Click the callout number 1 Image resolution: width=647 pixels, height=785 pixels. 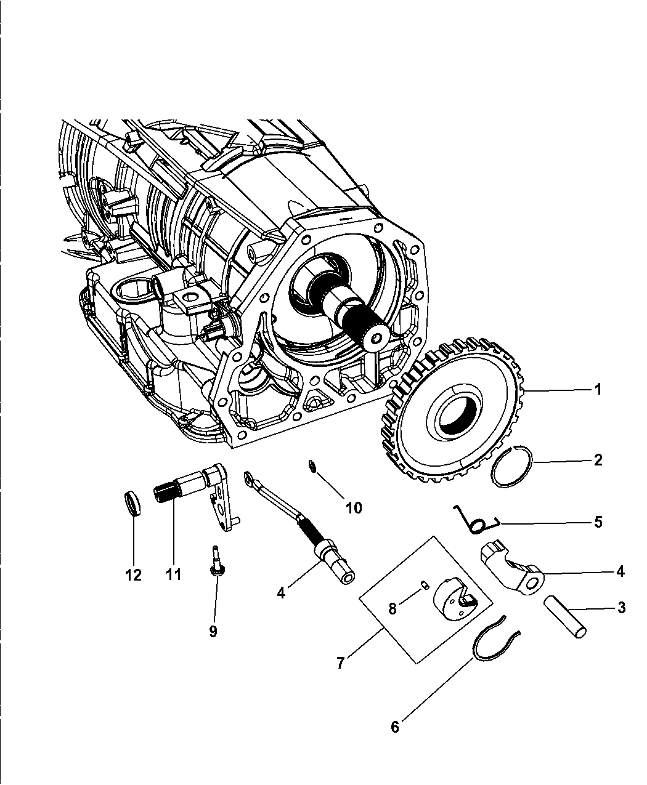(x=597, y=390)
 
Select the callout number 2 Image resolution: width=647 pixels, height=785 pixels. (x=597, y=460)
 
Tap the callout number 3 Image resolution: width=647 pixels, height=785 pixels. (x=621, y=608)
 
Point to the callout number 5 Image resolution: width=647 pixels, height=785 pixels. (x=597, y=522)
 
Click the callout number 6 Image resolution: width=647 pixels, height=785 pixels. (x=394, y=727)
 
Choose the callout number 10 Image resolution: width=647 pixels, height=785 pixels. (x=353, y=507)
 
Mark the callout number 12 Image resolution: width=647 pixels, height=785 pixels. (x=133, y=575)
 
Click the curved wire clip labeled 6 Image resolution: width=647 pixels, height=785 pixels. (x=496, y=646)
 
